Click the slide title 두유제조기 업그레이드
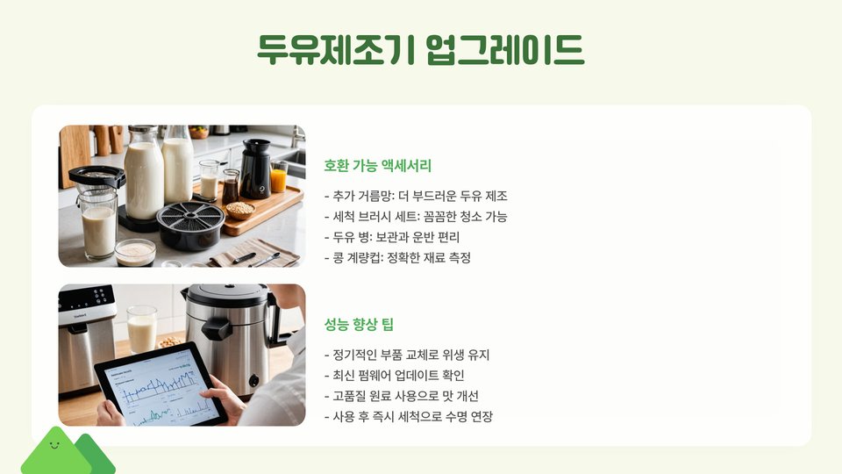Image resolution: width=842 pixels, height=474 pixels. (420, 50)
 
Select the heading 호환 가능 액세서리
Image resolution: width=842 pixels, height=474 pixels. (377, 166)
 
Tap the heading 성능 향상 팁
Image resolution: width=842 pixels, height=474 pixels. (359, 324)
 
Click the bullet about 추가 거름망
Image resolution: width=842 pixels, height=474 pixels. (416, 196)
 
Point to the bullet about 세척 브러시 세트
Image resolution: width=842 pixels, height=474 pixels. (416, 217)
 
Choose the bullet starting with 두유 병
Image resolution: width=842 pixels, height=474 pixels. (392, 237)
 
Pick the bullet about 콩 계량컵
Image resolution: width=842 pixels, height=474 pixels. (398, 257)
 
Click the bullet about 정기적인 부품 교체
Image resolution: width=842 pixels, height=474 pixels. (407, 355)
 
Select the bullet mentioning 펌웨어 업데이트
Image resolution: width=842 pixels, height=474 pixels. (395, 375)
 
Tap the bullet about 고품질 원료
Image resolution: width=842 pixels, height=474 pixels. (402, 396)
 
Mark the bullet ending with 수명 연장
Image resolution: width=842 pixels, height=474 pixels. (409, 416)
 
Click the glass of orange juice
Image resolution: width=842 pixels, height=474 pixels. (279, 176)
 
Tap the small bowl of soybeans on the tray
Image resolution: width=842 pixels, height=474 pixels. (240, 210)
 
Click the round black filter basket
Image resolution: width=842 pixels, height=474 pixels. (190, 225)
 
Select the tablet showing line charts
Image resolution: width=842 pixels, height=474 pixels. (161, 384)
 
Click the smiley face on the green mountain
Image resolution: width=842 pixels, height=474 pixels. (54, 445)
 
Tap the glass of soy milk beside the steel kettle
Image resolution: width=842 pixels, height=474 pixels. (142, 329)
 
